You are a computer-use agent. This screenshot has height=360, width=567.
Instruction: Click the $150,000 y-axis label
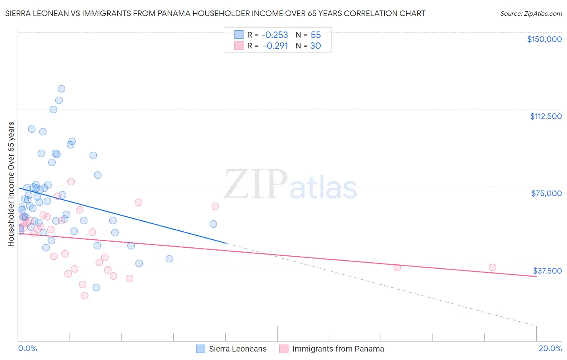point(544,39)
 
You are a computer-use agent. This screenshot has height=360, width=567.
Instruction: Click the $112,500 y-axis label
point(546,116)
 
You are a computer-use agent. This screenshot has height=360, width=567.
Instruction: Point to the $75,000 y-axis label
point(546,193)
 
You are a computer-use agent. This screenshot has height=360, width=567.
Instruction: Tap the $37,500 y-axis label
point(547,271)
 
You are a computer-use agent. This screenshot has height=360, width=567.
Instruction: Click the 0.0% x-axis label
point(27,348)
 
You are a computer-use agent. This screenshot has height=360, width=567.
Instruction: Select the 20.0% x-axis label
point(550,348)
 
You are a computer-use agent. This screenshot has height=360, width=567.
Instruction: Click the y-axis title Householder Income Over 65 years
point(11,184)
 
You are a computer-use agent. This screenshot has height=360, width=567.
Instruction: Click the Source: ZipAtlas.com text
point(531,14)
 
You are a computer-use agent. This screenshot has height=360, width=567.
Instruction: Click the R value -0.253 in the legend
point(275,35)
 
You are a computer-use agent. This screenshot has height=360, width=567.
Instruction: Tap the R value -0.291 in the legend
point(275,46)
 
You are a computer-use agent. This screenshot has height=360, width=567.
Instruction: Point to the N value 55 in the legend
point(316,35)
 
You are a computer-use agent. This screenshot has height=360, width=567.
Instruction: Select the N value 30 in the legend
point(315,46)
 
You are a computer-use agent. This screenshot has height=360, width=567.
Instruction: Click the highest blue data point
point(61,89)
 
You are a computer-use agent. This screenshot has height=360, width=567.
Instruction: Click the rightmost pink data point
point(492,267)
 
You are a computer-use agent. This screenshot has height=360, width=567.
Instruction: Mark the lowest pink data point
point(85,295)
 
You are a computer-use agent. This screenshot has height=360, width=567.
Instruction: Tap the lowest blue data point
point(96,287)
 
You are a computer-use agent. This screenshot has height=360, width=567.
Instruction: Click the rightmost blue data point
point(213,224)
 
